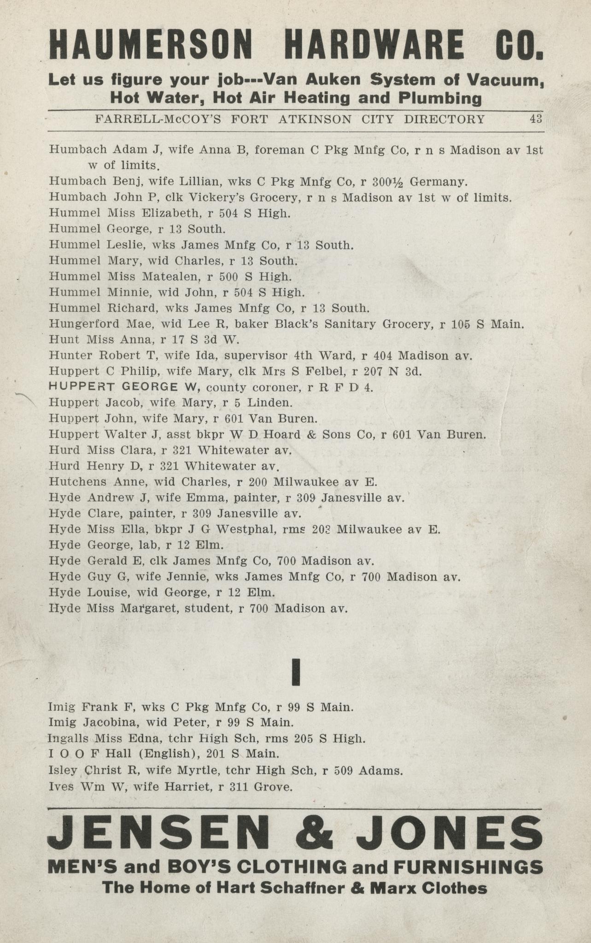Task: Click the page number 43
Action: [x=536, y=119]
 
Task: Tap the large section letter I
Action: [x=296, y=672]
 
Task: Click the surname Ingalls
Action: [x=70, y=738]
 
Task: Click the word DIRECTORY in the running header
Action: [x=444, y=119]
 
